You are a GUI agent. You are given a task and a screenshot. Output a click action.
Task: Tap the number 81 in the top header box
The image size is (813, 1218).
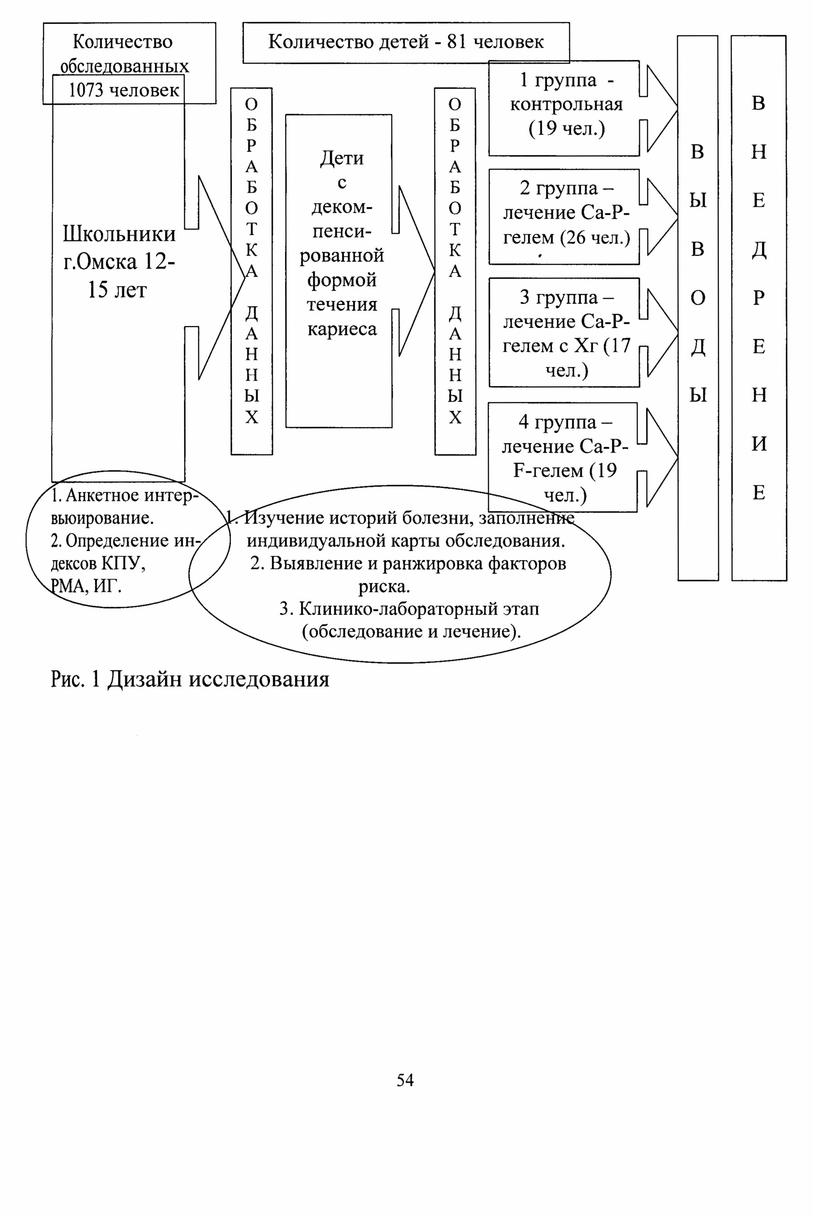point(457,42)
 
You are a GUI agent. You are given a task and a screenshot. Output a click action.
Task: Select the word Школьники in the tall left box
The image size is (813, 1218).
point(119,235)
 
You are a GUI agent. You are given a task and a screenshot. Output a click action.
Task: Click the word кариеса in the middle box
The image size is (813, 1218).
point(342,329)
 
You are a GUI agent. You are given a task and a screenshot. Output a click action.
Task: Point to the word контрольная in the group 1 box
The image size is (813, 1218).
point(566,105)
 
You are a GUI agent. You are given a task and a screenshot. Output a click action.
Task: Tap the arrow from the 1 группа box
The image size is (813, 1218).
point(658,108)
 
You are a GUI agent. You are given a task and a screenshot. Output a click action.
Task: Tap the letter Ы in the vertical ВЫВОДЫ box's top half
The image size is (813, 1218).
point(698,200)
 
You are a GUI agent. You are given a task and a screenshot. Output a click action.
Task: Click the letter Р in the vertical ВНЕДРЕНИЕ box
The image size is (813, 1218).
point(758,298)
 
